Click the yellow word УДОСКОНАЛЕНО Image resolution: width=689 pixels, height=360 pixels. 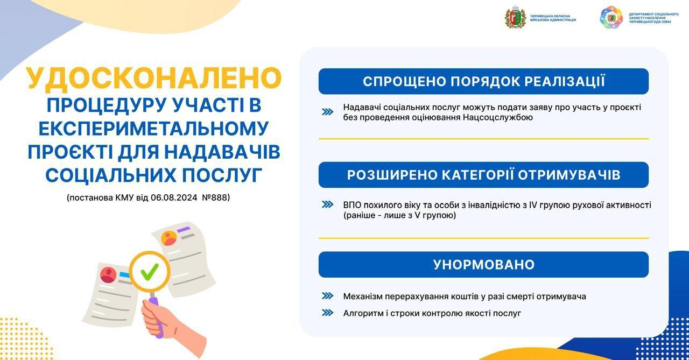(x=153, y=79)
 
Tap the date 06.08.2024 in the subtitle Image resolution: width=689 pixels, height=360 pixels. (x=174, y=197)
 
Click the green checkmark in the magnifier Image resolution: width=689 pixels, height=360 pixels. (x=150, y=271)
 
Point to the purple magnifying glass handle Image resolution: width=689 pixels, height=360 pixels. (x=156, y=316)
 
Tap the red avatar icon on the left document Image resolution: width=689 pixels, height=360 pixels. (x=108, y=274)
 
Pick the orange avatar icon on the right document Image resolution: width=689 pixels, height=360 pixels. (x=169, y=238)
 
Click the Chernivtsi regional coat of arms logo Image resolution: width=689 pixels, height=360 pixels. (x=515, y=18)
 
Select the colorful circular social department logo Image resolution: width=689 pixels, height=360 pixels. (x=611, y=18)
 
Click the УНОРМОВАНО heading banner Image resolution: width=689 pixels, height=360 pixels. (x=483, y=264)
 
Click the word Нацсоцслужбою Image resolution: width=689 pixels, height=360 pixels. (x=498, y=117)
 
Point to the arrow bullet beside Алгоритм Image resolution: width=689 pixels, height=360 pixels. (x=328, y=313)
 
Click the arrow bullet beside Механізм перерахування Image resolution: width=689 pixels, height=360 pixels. (x=328, y=296)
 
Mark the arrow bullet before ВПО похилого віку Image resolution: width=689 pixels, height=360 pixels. (x=328, y=204)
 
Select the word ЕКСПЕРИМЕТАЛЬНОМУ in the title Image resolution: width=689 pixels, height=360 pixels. (x=153, y=129)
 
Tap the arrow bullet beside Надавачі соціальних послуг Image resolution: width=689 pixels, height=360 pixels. (x=328, y=112)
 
